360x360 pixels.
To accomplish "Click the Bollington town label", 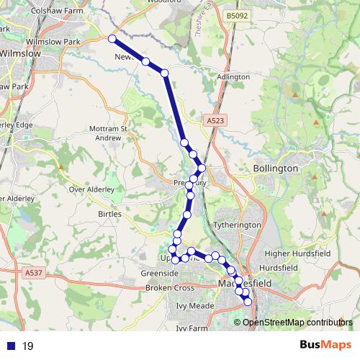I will pyautogui.click(x=276, y=168).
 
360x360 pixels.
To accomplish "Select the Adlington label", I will pyautogui.click(x=234, y=76).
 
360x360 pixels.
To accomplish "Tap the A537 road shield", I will pyautogui.click(x=33, y=273).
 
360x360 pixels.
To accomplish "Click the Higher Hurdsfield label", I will pyautogui.click(x=297, y=253).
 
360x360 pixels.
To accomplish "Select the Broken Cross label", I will pyautogui.click(x=170, y=288).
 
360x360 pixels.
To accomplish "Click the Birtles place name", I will pyautogui.click(x=109, y=214).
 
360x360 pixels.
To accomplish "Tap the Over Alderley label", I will pyautogui.click(x=91, y=189).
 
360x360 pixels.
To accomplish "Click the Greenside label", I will pyautogui.click(x=159, y=274).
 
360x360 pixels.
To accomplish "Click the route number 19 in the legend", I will pyautogui.click(x=28, y=346).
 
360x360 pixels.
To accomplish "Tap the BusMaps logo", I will pyautogui.click(x=325, y=345).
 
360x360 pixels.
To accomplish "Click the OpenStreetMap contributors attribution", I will pyautogui.click(x=297, y=322).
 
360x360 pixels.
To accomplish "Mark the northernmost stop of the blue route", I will pyautogui.click(x=112, y=39).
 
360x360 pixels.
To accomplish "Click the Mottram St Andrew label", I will pyautogui.click(x=108, y=133).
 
